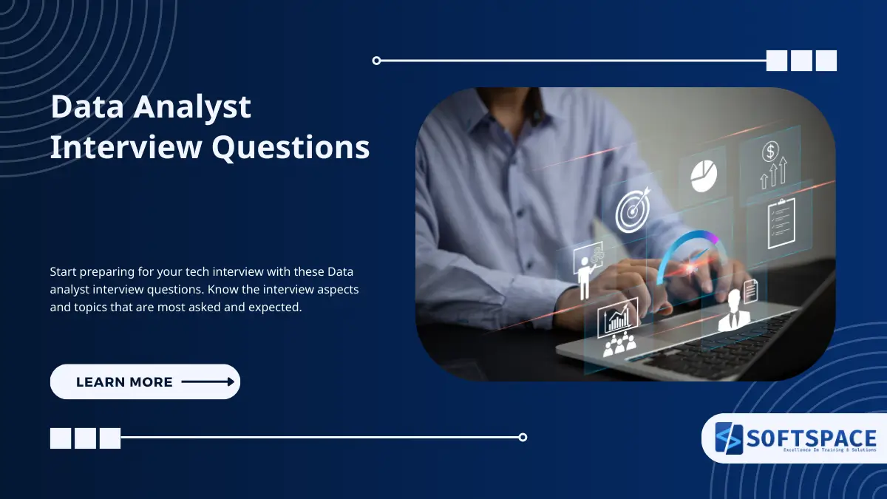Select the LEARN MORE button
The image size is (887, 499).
click(x=145, y=381)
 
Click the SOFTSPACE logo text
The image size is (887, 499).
click(x=811, y=438)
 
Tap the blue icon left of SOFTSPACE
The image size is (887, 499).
click(x=728, y=438)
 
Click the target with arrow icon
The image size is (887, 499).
click(x=633, y=212)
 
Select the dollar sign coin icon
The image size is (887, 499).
click(x=770, y=152)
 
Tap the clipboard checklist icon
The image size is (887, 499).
click(x=781, y=223)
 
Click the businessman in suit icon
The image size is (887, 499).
click(x=734, y=311)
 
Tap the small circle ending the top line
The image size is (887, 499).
click(x=376, y=61)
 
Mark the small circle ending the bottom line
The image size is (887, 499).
click(x=523, y=437)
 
